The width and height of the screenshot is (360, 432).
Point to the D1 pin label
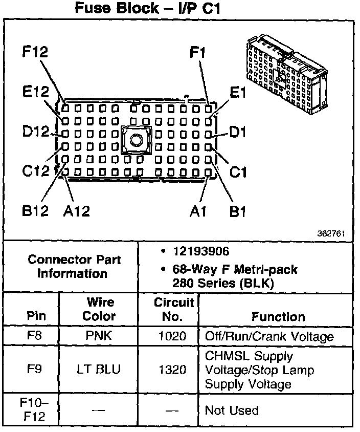pyautogui.click(x=238, y=133)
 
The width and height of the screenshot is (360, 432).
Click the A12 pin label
pyautogui.click(x=77, y=211)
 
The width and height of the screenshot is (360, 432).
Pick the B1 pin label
pyautogui.click(x=237, y=211)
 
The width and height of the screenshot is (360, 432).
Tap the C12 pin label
pyautogui.click(x=35, y=171)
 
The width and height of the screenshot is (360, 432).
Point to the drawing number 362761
pyautogui.click(x=333, y=233)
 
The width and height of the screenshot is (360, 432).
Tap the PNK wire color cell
pyautogui.click(x=99, y=336)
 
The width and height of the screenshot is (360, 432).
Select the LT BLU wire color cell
pyautogui.click(x=99, y=369)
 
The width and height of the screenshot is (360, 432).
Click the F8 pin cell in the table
pyautogui.click(x=32, y=336)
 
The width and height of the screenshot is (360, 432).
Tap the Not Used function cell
pyautogui.click(x=232, y=410)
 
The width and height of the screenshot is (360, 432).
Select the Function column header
pyautogui.click(x=278, y=316)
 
